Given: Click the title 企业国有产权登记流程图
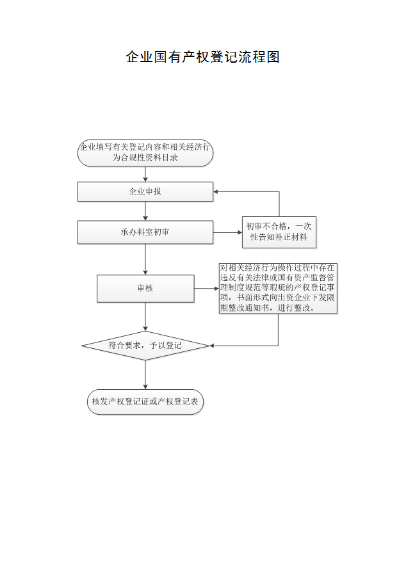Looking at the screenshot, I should [202, 57].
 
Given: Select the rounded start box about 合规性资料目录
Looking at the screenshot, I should [145, 153].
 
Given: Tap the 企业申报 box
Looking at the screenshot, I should [145, 191].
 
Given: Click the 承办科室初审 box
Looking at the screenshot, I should [145, 232].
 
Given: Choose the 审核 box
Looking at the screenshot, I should [145, 289].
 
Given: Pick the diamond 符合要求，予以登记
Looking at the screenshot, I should [145, 346].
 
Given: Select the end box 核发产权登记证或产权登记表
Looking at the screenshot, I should [145, 402].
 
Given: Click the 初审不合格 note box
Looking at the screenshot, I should [279, 232].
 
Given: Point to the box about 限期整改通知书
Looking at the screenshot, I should [278, 288].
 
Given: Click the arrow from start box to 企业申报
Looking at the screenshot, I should [145, 174].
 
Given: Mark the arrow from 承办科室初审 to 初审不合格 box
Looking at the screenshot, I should [227, 232].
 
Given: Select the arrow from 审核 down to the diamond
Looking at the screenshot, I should [145, 317].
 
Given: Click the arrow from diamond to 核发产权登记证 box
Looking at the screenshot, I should [145, 374].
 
